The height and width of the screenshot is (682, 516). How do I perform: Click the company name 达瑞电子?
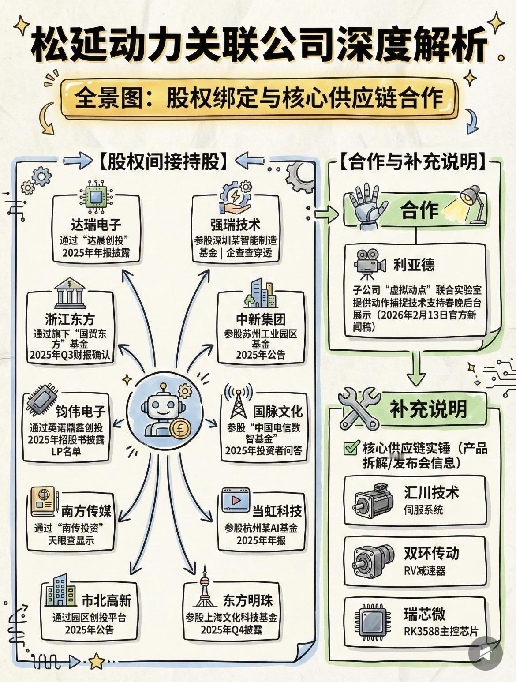point(96,225)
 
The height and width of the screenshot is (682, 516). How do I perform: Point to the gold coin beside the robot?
point(180,429)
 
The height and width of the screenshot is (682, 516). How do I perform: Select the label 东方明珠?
point(248,600)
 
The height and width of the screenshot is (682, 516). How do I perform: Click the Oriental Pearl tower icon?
point(204,587)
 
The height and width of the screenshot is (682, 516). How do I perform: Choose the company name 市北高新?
point(106,600)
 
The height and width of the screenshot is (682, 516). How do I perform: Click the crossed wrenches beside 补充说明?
point(358,409)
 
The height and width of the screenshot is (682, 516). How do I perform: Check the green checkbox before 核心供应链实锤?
point(351,448)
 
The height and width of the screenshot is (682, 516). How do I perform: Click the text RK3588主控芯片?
point(441,631)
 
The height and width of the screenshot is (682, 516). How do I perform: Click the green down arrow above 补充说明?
point(415,369)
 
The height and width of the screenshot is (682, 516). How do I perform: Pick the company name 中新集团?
point(261,319)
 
